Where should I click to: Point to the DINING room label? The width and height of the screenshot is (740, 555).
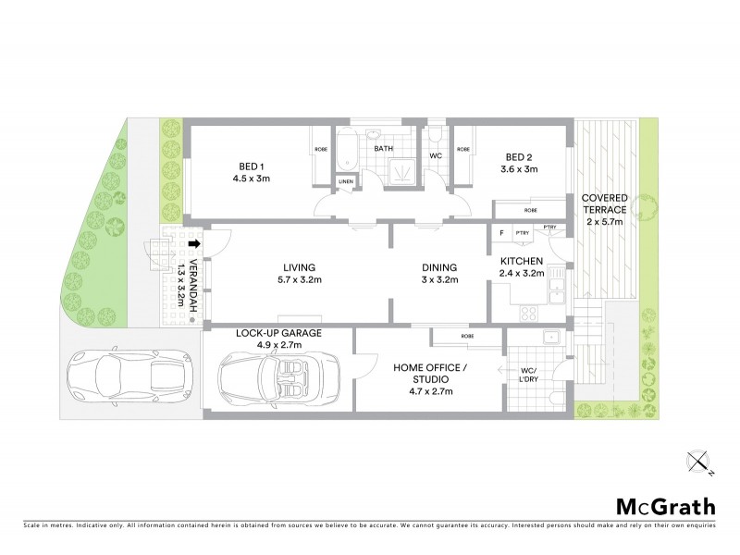point(438,268)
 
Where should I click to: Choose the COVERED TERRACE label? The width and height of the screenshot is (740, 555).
point(605,204)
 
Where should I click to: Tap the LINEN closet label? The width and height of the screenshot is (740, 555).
point(347,181)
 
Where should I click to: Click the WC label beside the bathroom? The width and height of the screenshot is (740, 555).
point(435,157)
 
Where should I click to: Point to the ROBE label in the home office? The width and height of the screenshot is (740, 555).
point(467,336)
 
